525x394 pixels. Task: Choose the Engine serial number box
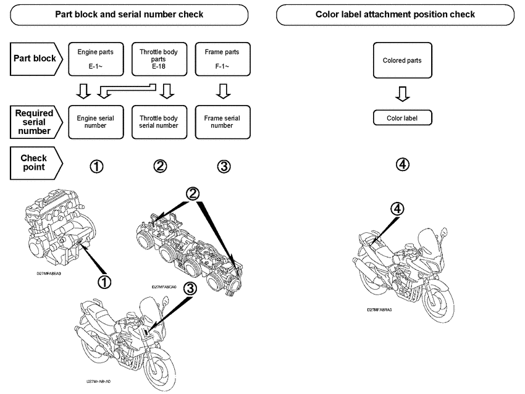point(95,121)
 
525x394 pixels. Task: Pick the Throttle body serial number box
point(159,121)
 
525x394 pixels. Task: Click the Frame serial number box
point(222,121)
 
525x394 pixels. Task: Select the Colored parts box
point(402,61)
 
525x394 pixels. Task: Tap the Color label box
point(402,118)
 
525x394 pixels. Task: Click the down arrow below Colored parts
point(402,94)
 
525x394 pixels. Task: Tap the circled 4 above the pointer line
point(398,209)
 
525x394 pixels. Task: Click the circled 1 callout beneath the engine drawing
point(105,281)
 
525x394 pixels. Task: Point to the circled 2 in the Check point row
point(160,166)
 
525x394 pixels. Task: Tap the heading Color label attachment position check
point(395,14)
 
